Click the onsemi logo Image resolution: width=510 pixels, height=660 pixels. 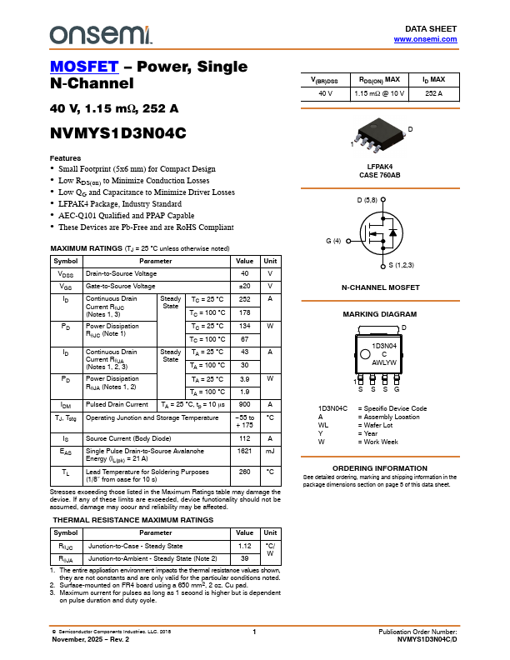pyautogui.click(x=101, y=34)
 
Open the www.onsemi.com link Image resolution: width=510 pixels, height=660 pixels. pyautogui.click(x=425, y=39)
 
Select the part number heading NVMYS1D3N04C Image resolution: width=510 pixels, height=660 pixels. pyautogui.click(x=117, y=132)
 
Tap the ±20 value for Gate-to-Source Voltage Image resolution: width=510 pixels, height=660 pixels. pyautogui.click(x=244, y=287)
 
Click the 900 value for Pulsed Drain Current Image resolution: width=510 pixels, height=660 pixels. pyautogui.click(x=244, y=404)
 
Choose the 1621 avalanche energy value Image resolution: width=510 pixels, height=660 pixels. pyautogui.click(x=244, y=451)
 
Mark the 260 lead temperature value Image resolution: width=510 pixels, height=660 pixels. pyautogui.click(x=244, y=472)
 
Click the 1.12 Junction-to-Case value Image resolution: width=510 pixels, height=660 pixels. pyautogui.click(x=244, y=546)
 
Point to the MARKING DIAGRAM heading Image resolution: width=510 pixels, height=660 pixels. pyautogui.click(x=379, y=314)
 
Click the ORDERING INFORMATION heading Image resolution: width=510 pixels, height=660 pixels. pyautogui.click(x=379, y=468)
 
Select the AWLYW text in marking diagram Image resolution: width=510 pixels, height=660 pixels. pyautogui.click(x=384, y=362)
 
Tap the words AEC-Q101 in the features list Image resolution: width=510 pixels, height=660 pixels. pyautogui.click(x=79, y=215)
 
